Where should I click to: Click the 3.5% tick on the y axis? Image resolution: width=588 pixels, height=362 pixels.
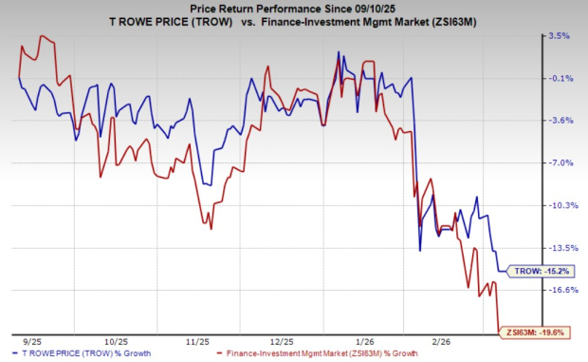tap(558, 36)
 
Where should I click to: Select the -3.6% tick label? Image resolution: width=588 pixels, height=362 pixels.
tap(558, 121)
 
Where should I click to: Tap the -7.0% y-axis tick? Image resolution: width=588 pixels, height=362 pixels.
tap(558, 162)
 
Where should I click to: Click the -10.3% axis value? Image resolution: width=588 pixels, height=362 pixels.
tap(559, 205)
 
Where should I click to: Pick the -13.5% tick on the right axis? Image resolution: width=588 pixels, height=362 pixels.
tap(559, 247)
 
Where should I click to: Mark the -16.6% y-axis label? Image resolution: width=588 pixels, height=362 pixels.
tap(559, 290)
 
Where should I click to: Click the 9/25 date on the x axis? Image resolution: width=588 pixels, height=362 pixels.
tap(30, 339)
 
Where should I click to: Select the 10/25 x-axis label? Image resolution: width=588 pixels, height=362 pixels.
tap(115, 339)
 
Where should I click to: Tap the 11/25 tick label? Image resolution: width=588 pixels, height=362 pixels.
tap(197, 339)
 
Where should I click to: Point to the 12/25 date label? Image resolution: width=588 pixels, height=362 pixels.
tap(282, 339)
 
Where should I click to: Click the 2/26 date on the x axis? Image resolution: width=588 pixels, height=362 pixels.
tap(444, 339)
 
